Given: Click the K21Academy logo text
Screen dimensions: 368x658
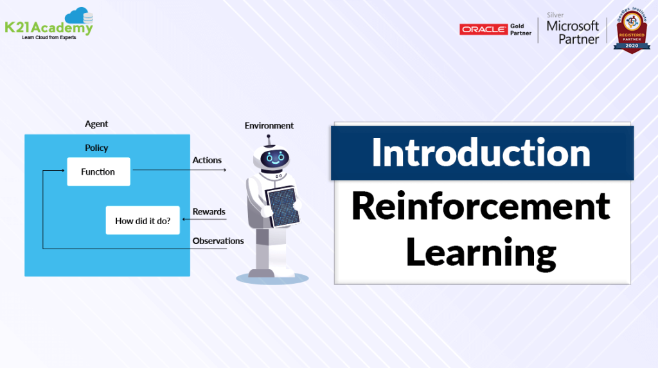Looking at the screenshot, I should [48, 28].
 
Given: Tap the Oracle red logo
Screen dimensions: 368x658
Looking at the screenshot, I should [483, 30].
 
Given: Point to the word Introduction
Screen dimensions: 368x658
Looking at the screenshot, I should [481, 153].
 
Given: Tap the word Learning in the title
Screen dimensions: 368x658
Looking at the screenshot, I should [481, 252].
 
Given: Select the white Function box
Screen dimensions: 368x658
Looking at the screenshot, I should [98, 172].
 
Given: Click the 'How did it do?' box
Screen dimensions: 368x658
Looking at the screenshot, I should [143, 220].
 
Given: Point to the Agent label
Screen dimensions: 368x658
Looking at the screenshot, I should [96, 124].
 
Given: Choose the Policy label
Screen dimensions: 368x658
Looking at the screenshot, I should [96, 148].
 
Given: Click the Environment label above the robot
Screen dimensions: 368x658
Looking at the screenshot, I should [269, 126].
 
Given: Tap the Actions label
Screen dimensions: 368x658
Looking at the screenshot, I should [207, 160].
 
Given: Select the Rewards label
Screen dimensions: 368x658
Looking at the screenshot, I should [209, 212].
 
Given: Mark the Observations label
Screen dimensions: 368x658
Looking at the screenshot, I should [218, 241].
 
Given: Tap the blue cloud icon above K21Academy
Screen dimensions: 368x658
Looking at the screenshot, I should [79, 15].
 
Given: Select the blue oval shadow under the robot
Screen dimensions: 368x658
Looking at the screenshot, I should [270, 277].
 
